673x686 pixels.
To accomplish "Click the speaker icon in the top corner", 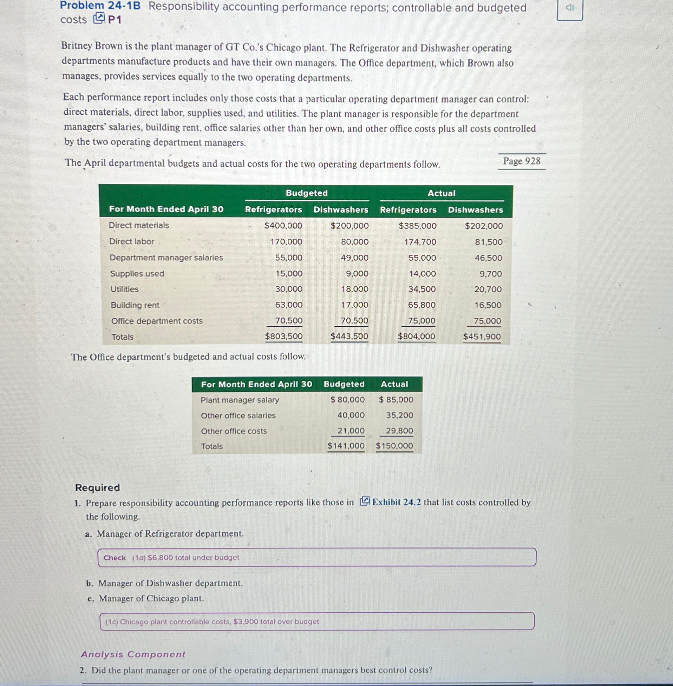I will pyautogui.click(x=569, y=8).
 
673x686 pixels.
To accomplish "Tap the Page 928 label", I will pyautogui.click(x=521, y=161).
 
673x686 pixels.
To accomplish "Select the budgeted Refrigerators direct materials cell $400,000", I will pyautogui.click(x=283, y=226).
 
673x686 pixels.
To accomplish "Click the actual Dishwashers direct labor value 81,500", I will pyautogui.click(x=489, y=242).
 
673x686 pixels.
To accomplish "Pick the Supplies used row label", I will pyautogui.click(x=137, y=274).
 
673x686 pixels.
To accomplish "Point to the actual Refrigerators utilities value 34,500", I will pyautogui.click(x=422, y=289).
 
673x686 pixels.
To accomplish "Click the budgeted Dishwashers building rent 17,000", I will pyautogui.click(x=354, y=305).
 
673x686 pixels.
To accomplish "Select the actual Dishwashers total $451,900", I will pyautogui.click(x=482, y=337).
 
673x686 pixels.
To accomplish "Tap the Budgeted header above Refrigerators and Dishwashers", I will pyautogui.click(x=306, y=193).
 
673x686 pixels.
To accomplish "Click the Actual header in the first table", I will pyautogui.click(x=441, y=193).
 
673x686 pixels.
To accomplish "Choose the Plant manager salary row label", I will pyautogui.click(x=240, y=400).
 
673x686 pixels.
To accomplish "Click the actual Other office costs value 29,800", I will pyautogui.click(x=399, y=431).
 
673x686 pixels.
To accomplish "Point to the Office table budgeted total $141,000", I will pyautogui.click(x=346, y=446).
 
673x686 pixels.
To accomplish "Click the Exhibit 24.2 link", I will pyautogui.click(x=396, y=502).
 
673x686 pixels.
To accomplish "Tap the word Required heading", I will pyautogui.click(x=98, y=488).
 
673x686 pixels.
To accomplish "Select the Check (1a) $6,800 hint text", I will pyautogui.click(x=171, y=558).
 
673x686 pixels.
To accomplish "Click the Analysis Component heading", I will pyautogui.click(x=133, y=654).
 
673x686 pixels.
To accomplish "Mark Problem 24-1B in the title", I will pyautogui.click(x=100, y=6).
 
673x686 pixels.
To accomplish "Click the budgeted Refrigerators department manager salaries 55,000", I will pyautogui.click(x=288, y=258).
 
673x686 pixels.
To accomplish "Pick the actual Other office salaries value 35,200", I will pyautogui.click(x=399, y=415).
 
